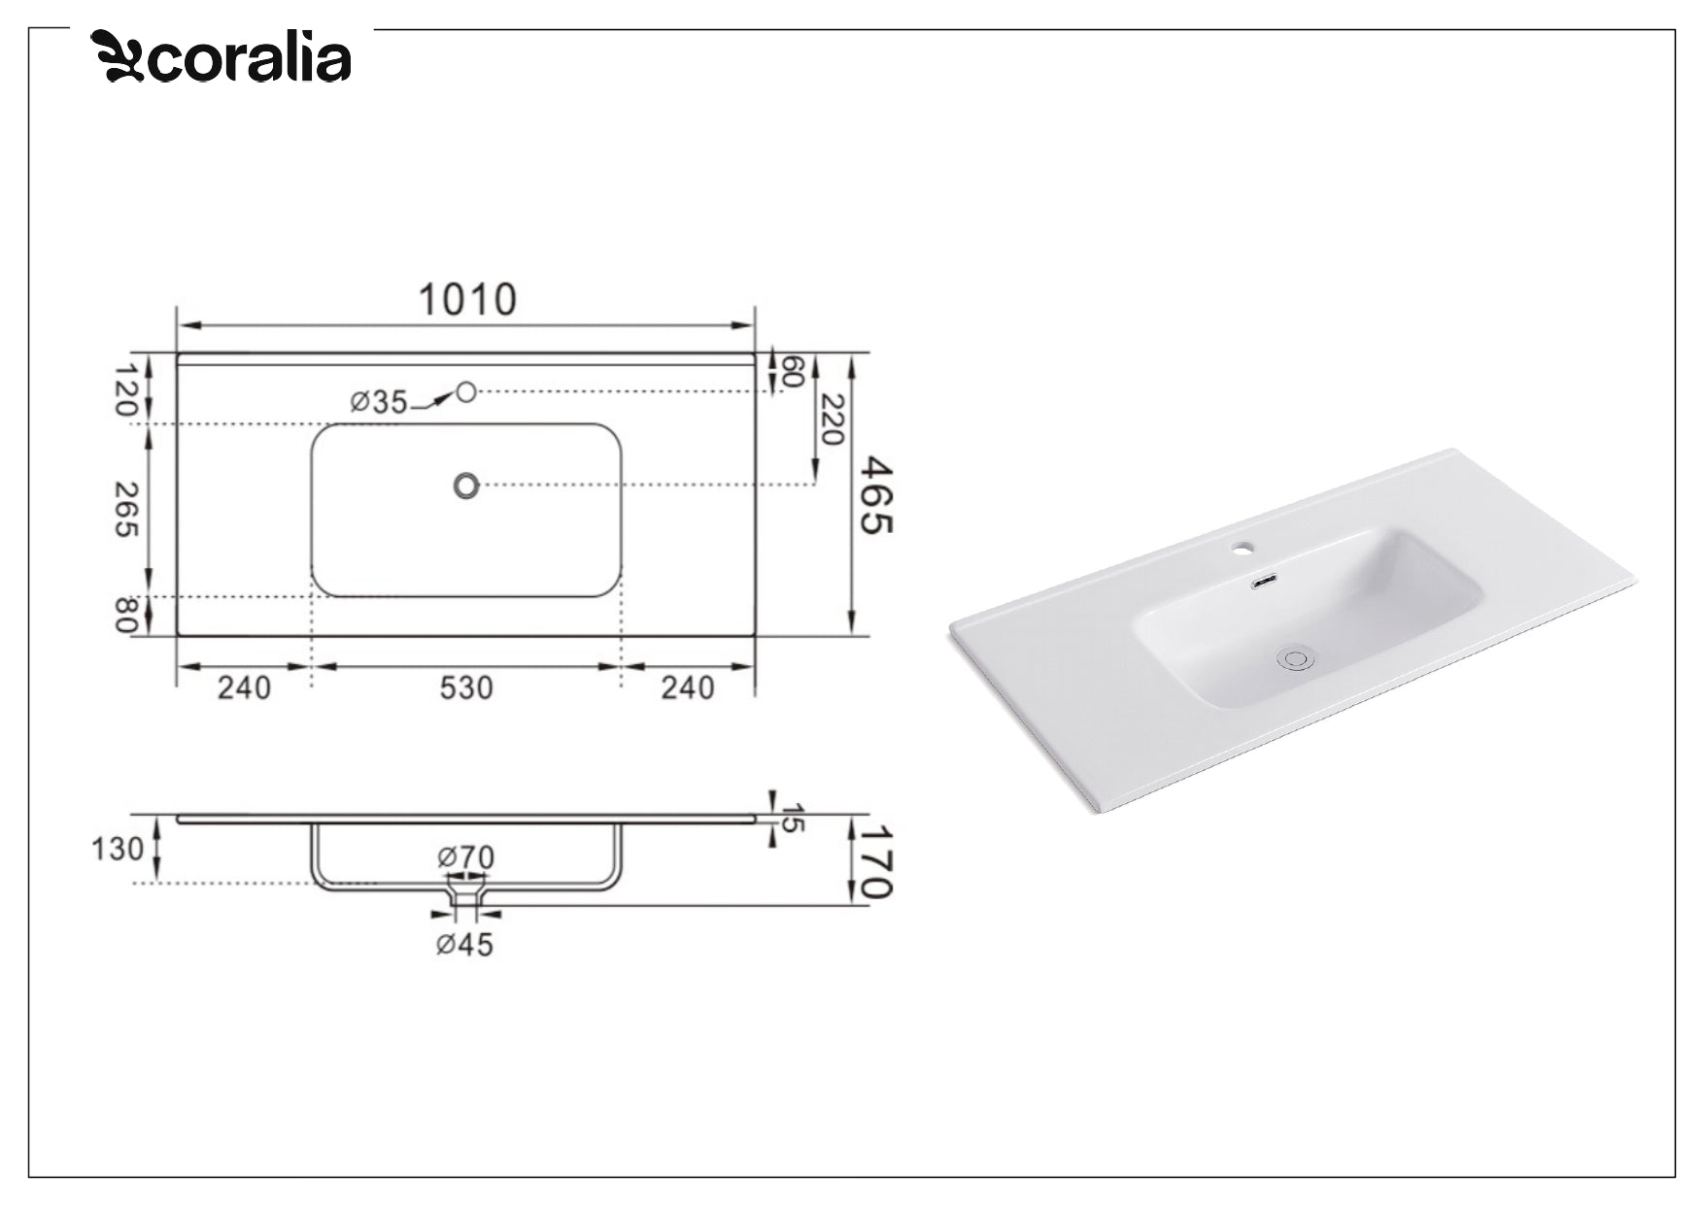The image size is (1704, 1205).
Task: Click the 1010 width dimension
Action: [467, 300]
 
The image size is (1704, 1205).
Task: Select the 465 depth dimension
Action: [878, 495]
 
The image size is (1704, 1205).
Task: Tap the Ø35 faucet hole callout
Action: [379, 401]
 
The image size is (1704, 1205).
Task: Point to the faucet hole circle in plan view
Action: [466, 391]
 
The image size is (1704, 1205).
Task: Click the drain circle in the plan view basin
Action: [466, 485]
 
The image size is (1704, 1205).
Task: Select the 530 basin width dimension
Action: [466, 687]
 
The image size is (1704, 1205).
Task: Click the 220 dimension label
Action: [831, 419]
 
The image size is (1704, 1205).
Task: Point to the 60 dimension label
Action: [793, 372]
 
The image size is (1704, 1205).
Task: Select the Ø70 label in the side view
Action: [466, 857]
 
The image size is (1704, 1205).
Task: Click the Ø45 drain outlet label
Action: [464, 944]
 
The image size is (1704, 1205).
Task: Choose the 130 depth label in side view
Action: [118, 850]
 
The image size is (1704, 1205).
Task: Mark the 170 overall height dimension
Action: [877, 861]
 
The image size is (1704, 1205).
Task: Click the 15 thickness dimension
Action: [793, 818]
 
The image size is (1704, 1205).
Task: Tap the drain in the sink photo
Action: [1295, 658]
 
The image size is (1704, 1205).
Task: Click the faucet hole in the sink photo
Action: [1241, 549]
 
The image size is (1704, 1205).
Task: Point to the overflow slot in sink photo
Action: [1264, 583]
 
